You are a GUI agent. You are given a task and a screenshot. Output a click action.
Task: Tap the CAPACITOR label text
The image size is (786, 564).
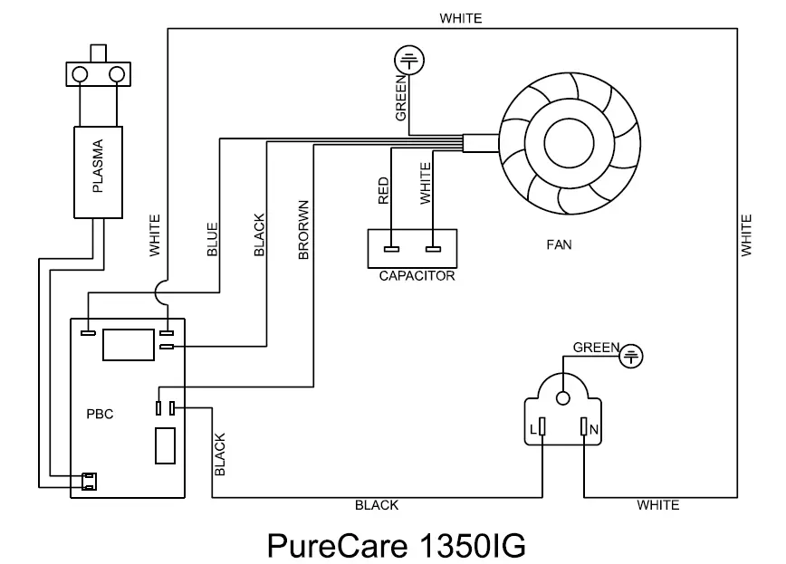click(417, 276)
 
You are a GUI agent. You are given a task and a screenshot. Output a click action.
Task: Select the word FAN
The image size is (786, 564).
click(559, 244)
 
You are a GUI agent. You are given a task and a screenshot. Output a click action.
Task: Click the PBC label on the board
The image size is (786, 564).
click(101, 416)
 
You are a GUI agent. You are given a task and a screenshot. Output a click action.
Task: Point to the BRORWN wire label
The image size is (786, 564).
click(304, 230)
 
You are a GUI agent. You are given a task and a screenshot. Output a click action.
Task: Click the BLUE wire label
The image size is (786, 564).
click(213, 240)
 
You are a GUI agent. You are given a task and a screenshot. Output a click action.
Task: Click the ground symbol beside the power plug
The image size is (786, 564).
click(631, 358)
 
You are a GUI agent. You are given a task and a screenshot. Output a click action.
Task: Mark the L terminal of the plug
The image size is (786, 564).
click(542, 427)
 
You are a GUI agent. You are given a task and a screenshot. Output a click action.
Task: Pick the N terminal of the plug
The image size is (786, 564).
click(585, 427)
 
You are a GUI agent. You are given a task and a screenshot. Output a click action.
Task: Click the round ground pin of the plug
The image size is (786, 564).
click(563, 396)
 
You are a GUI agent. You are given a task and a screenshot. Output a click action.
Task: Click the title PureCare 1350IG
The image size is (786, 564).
click(396, 544)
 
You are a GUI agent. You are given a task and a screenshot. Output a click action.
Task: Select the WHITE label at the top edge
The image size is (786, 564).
click(460, 18)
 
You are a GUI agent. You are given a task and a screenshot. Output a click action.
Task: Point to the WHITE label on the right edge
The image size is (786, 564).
click(746, 235)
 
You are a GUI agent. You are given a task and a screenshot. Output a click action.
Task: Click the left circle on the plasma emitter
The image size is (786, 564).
click(80, 72)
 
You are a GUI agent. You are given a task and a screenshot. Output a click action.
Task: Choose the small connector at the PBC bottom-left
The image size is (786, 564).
click(89, 481)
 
